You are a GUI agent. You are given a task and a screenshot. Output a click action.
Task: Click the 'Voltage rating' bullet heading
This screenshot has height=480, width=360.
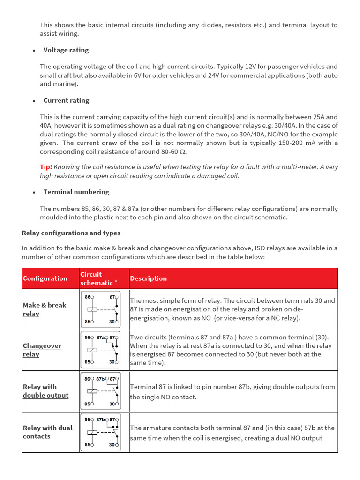click(66, 50)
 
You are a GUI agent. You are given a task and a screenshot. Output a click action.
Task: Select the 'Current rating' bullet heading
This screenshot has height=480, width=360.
click(66, 100)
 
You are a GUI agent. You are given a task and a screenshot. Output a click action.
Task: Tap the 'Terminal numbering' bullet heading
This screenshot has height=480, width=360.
click(76, 192)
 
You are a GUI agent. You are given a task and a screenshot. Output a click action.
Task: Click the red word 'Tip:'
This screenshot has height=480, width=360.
click(46, 167)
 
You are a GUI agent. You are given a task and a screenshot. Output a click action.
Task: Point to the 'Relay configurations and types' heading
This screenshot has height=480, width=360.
click(71, 233)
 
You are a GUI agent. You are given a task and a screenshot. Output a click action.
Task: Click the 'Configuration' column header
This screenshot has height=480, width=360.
click(45, 278)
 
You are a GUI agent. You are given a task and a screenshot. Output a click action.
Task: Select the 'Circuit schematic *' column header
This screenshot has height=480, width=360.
click(97, 278)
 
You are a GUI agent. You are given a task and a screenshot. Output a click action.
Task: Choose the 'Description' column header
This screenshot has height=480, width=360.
click(148, 278)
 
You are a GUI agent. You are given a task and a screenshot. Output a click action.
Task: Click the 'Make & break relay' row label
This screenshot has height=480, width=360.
click(45, 309)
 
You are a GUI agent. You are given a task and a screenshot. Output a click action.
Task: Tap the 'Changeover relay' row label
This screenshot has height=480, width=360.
click(42, 350)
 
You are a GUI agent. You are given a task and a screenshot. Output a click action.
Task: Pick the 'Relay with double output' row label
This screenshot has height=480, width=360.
click(45, 391)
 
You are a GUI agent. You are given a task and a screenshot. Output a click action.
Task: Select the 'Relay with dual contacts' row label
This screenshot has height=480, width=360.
click(47, 432)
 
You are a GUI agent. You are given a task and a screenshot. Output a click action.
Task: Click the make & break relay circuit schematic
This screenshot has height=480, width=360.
click(100, 309)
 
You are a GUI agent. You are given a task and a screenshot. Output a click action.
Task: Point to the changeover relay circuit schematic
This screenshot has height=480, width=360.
click(100, 350)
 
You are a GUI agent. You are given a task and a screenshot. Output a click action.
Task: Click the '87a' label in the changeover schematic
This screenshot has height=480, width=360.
click(100, 337)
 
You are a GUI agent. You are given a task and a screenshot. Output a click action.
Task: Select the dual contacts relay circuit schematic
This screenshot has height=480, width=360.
click(100, 432)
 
